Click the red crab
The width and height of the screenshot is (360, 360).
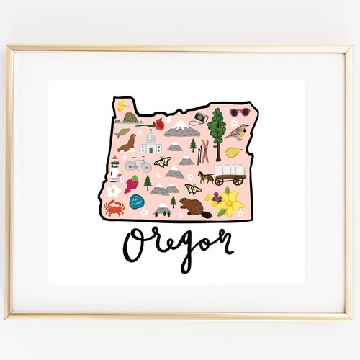[x=114, y=207]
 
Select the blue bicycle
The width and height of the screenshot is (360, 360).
[x=138, y=166]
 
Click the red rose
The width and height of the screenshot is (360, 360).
[x=160, y=125]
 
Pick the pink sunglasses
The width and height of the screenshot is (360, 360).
[x=238, y=112]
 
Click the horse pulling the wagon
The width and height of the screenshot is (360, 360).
[x=206, y=176]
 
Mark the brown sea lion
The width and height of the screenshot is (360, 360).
[x=127, y=144]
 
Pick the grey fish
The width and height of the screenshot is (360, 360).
[x=122, y=132]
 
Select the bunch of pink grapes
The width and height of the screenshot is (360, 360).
[x=132, y=185]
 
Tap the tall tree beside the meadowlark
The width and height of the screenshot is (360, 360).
[x=217, y=130]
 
